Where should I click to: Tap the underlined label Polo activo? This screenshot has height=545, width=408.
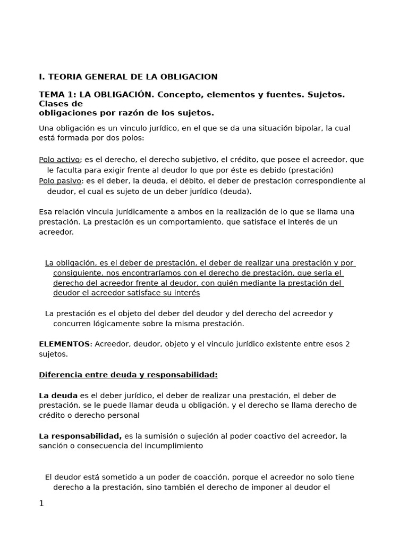point(59,160)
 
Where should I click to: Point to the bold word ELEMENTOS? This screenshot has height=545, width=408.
point(64,344)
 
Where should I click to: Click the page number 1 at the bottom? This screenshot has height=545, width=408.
point(41,503)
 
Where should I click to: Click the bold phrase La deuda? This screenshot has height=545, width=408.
point(58,395)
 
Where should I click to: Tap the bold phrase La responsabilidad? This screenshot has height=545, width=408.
point(80,436)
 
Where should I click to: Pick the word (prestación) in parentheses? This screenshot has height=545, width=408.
point(311,170)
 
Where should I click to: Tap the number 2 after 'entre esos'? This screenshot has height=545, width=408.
point(347,344)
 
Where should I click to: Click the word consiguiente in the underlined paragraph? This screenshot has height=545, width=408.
point(79,273)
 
